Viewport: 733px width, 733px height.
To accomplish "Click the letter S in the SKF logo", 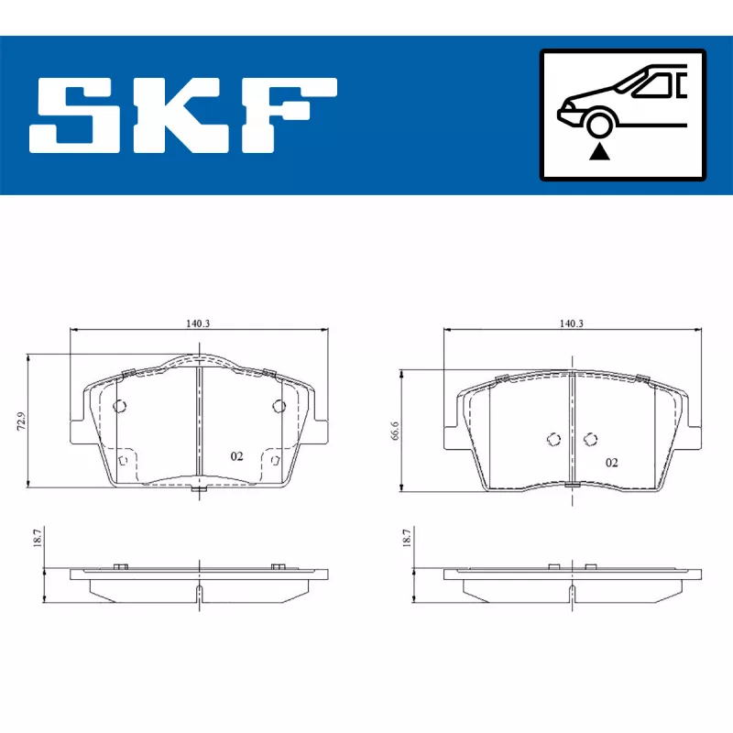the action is click(71, 115).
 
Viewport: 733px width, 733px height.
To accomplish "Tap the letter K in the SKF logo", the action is click(179, 115).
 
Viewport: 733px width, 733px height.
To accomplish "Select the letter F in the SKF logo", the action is click(290, 115).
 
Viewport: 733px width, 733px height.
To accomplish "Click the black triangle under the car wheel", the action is click(599, 152).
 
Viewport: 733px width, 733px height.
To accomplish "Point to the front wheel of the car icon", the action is click(600, 126).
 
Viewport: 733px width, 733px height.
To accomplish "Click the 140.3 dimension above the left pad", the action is click(198, 323).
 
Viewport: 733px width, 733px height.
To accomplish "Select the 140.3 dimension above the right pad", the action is click(571, 323).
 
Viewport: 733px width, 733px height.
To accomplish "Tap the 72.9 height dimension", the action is click(21, 421).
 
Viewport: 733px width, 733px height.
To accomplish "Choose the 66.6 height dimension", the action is click(395, 431).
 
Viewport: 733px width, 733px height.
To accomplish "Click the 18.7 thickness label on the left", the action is click(38, 538).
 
